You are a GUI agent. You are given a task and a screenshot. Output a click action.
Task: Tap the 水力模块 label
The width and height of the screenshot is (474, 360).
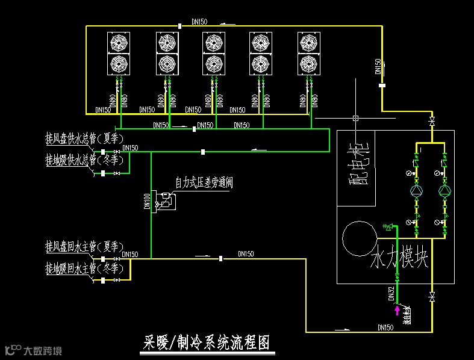click(399, 260)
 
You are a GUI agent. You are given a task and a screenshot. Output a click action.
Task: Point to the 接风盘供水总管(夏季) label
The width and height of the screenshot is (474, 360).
click(84, 138)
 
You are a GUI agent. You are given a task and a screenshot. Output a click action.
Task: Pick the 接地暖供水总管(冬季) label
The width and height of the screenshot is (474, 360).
click(84, 160)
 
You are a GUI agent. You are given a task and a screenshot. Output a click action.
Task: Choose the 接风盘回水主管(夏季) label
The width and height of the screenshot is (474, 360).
click(84, 247)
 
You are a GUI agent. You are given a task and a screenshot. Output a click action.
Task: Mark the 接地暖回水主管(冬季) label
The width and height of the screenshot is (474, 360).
click(84, 267)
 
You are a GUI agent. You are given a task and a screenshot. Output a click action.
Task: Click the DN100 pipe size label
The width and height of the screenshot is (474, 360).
click(147, 200)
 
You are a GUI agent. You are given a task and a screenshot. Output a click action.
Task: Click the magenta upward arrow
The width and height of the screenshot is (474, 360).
click(396, 310)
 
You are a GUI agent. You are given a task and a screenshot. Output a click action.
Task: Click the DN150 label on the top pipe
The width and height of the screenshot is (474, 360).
click(199, 22)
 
